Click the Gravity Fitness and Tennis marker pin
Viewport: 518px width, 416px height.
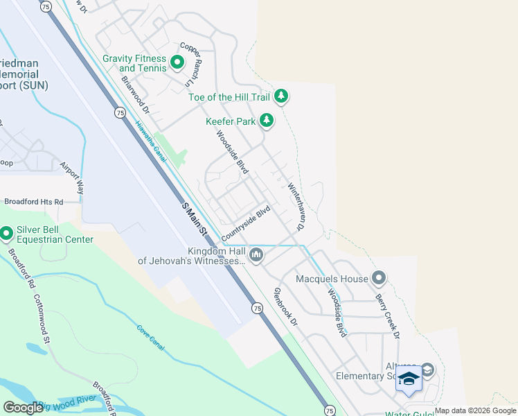[177, 64]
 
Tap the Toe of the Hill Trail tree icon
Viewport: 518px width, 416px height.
[280, 96]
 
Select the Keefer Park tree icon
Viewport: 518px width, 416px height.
[267, 121]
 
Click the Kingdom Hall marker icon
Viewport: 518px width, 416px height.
[256, 256]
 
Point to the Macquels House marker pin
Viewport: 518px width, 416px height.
[378, 279]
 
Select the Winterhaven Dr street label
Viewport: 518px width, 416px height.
[296, 206]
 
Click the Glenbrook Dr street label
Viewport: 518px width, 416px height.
[285, 306]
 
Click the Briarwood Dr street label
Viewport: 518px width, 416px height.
[136, 95]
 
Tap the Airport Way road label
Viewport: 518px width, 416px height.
[72, 177]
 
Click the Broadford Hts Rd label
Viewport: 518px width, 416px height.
[33, 202]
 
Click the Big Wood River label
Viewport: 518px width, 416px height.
[68, 405]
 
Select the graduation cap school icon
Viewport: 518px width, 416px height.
[409, 380]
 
